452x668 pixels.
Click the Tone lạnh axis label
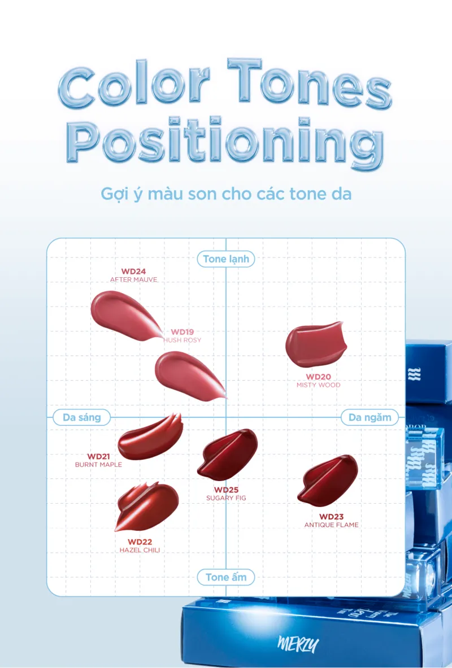[x=226, y=259]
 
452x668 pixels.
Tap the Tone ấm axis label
[x=226, y=577]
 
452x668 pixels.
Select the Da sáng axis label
[x=81, y=417]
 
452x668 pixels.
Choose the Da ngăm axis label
[x=370, y=417]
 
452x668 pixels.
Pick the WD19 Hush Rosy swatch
[x=188, y=374]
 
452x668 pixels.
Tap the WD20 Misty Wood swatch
[x=316, y=345]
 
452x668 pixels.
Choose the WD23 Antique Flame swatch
[x=328, y=481]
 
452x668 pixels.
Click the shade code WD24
[x=133, y=272]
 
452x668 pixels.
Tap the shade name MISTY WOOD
[x=319, y=385]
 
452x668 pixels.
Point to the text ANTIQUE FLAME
[x=331, y=525]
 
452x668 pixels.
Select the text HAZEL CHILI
[x=140, y=550]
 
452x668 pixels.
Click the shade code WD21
[x=98, y=457]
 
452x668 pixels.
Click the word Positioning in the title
[x=225, y=141]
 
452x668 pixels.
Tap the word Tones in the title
[x=309, y=82]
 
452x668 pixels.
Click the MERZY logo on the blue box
[x=298, y=644]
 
